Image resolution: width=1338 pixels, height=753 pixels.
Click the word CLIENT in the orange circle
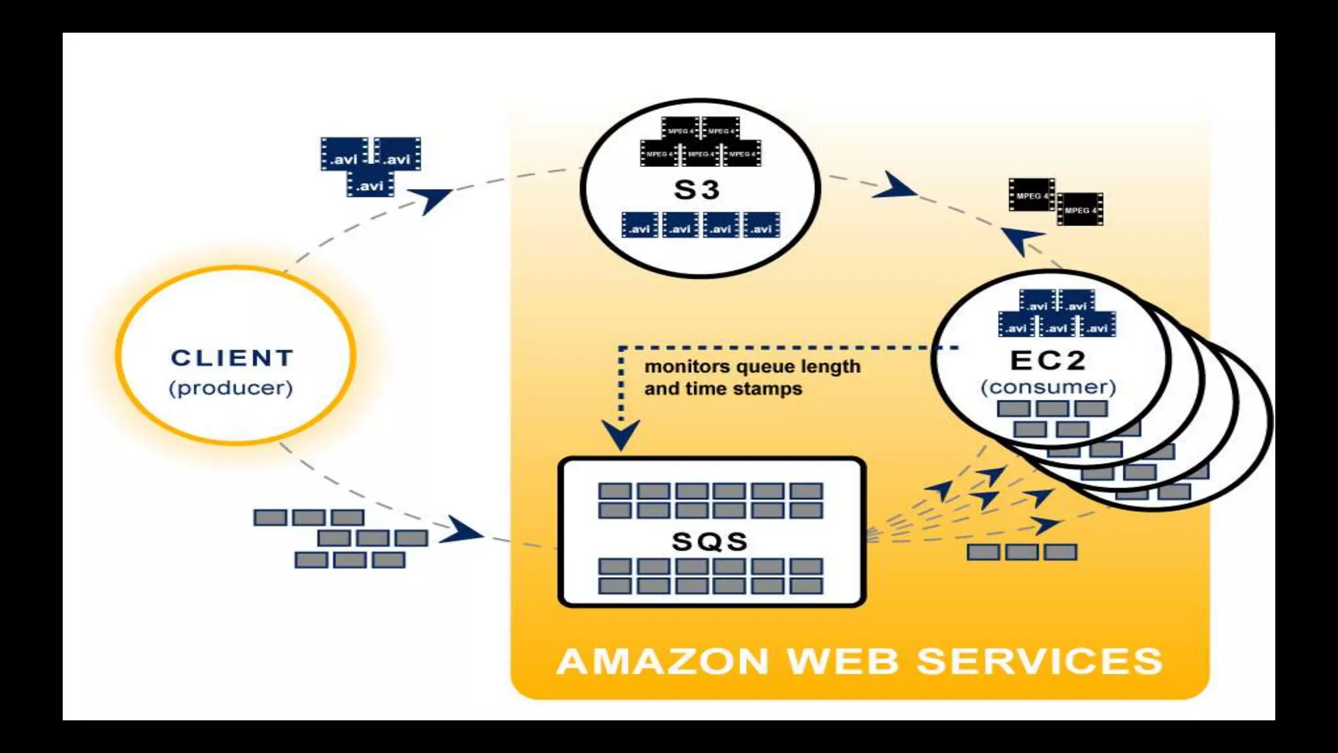click(233, 358)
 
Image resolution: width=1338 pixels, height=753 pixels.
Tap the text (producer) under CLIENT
click(231, 388)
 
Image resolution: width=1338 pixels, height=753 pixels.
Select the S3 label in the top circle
click(696, 190)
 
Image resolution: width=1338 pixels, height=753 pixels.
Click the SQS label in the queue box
click(710, 541)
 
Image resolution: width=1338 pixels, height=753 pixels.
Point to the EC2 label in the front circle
click(1047, 360)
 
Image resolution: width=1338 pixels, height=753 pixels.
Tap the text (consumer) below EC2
click(1048, 387)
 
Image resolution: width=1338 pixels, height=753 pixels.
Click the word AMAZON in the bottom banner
click(662, 661)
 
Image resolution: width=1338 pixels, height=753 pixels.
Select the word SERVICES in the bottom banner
click(1039, 661)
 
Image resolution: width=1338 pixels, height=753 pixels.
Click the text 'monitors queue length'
click(752, 367)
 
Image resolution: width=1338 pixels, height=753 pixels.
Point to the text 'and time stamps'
click(723, 389)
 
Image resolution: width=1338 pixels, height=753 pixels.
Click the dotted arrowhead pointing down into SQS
click(621, 435)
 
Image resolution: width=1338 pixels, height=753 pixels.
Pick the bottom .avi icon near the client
click(370, 184)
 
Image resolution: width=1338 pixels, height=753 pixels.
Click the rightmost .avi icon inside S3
click(761, 226)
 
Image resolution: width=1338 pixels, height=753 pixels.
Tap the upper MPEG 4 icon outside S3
click(1031, 195)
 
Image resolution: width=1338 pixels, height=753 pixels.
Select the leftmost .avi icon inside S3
click(640, 226)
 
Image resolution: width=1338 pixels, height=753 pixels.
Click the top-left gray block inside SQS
click(615, 491)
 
